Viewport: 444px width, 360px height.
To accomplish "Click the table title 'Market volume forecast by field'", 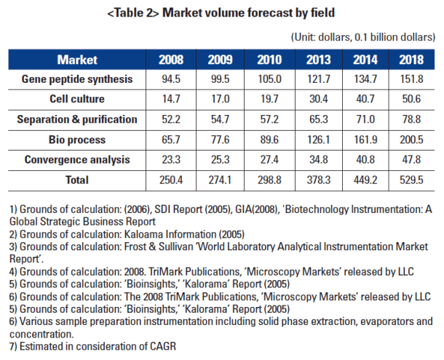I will pyautogui.click(x=222, y=12).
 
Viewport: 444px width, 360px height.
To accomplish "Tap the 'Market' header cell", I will pyautogui.click(x=77, y=60).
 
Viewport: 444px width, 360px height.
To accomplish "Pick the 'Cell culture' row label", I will pyautogui.click(x=77, y=98).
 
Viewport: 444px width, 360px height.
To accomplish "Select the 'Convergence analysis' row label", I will pyautogui.click(x=77, y=159).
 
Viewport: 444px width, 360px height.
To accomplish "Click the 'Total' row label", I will pyautogui.click(x=77, y=179).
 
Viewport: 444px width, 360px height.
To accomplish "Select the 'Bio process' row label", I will pyautogui.click(x=77, y=139).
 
